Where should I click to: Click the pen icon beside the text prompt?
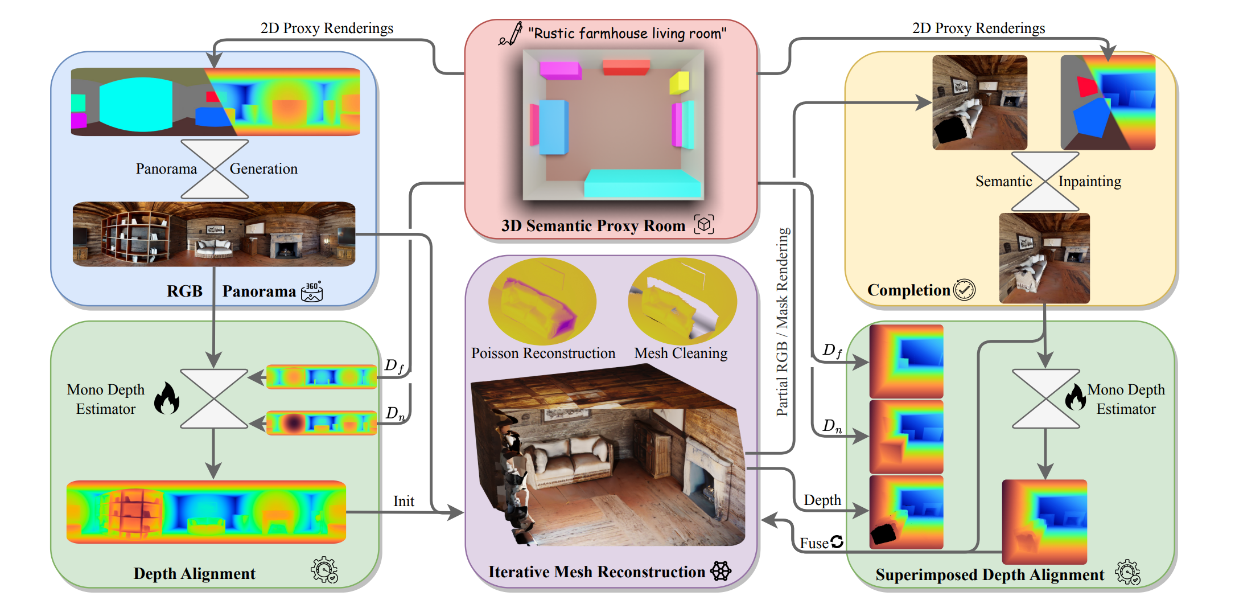point(512,34)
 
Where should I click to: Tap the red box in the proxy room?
point(625,67)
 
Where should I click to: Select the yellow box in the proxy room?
point(680,82)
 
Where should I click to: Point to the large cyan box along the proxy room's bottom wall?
point(642,183)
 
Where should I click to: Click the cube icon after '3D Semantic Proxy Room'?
point(704,224)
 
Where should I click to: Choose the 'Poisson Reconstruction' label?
point(543,354)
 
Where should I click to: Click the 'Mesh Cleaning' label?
point(681,354)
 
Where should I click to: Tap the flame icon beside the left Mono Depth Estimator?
point(167,398)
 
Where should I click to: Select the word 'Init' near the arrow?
point(404,501)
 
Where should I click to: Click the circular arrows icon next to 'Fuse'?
point(837,541)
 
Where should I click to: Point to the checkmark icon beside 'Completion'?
point(964,290)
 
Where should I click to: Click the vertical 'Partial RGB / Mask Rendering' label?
point(783,322)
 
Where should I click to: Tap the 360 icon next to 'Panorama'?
point(312,291)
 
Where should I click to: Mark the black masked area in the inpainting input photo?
point(950,129)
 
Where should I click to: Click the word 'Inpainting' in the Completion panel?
point(1089,182)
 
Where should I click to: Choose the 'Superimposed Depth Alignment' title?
point(990,575)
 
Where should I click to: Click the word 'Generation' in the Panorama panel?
point(264,169)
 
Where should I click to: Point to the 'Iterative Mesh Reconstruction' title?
point(596,572)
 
